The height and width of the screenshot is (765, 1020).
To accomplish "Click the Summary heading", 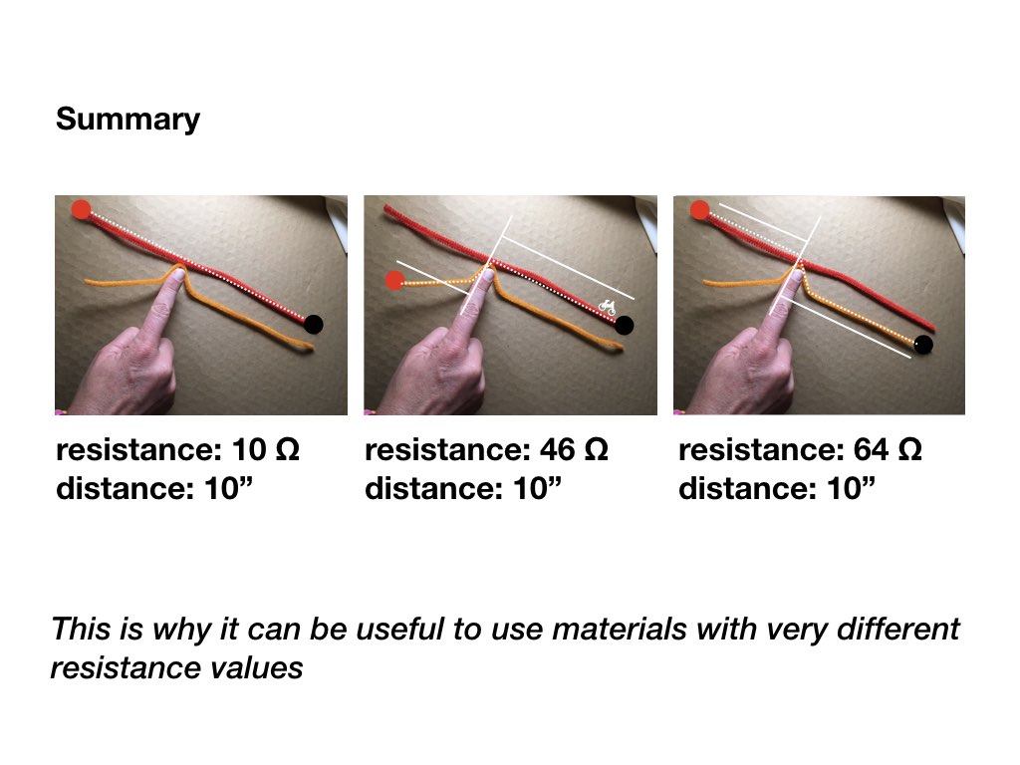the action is (x=127, y=120).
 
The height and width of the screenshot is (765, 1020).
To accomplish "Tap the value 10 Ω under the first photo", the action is (x=265, y=449).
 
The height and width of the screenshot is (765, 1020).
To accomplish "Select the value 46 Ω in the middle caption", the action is (x=574, y=449).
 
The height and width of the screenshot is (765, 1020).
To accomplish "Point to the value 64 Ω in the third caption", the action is (x=888, y=449).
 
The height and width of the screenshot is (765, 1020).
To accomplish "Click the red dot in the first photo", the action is (x=82, y=209).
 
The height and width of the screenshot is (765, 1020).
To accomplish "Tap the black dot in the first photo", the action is (x=314, y=324).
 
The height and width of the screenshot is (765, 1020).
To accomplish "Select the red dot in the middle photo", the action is (x=394, y=281).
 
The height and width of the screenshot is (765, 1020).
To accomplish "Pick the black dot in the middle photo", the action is (x=625, y=326).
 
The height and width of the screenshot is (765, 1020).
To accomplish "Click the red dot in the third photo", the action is (x=700, y=210).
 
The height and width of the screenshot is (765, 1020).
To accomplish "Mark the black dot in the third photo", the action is (x=923, y=344).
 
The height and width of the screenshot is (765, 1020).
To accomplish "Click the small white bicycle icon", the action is (x=607, y=307).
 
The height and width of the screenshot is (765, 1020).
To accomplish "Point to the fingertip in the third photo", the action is (x=795, y=276).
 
